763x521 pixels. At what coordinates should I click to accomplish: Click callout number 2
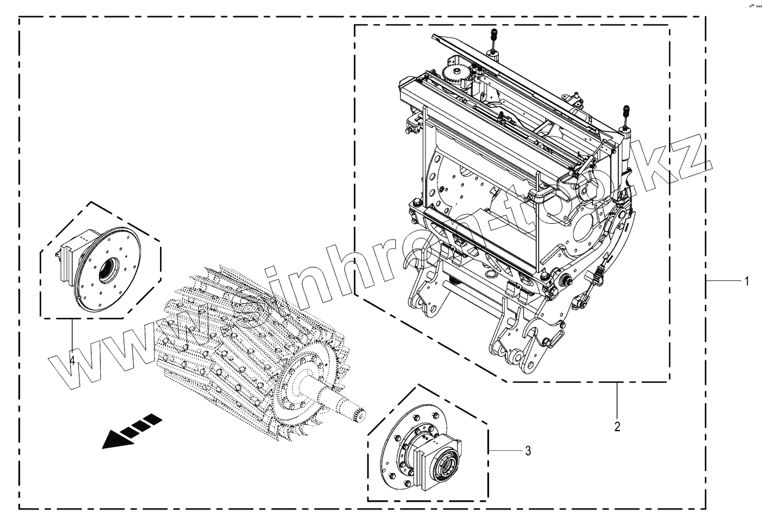[x=617, y=426]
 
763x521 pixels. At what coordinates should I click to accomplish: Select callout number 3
[x=528, y=451]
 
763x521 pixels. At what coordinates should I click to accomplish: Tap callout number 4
[x=72, y=360]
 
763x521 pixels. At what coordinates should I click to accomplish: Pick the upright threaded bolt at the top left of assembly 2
[x=493, y=39]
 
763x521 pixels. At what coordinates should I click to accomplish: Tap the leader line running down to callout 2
[x=617, y=400]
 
